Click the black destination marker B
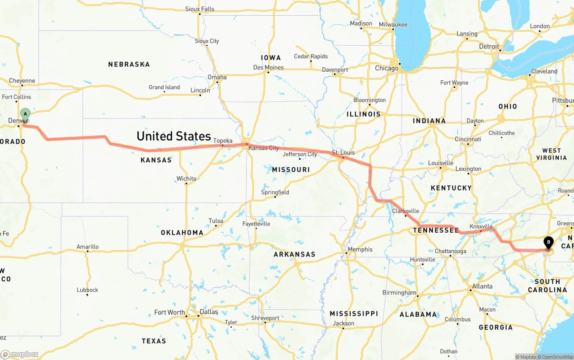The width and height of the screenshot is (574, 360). pos(548,243)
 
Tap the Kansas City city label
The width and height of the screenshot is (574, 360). pos(264,148)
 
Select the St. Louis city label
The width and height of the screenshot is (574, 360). pos(343,152)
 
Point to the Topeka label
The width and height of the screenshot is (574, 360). pos(223,141)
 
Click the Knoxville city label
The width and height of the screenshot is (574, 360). pos(481,227)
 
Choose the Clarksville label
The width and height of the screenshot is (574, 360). pos(405,211)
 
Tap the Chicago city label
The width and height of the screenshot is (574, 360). pos(387,69)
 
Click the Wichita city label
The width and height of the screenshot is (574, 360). pos(186,178)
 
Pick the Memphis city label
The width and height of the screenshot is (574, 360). pos(360,249)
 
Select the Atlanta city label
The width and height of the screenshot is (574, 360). pos(482,286)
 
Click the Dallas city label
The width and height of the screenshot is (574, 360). pos(209,312)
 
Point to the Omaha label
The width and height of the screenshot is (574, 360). pos(217,77)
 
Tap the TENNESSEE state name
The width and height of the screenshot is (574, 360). pos(436,230)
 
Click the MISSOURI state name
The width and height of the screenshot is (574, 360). pos(291,169)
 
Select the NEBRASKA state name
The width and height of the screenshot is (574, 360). pos(129,65)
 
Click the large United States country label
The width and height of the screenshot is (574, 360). pos(174,136)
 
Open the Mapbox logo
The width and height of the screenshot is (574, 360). pos(20,354)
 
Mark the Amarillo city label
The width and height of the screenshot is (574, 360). pos(87,247)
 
